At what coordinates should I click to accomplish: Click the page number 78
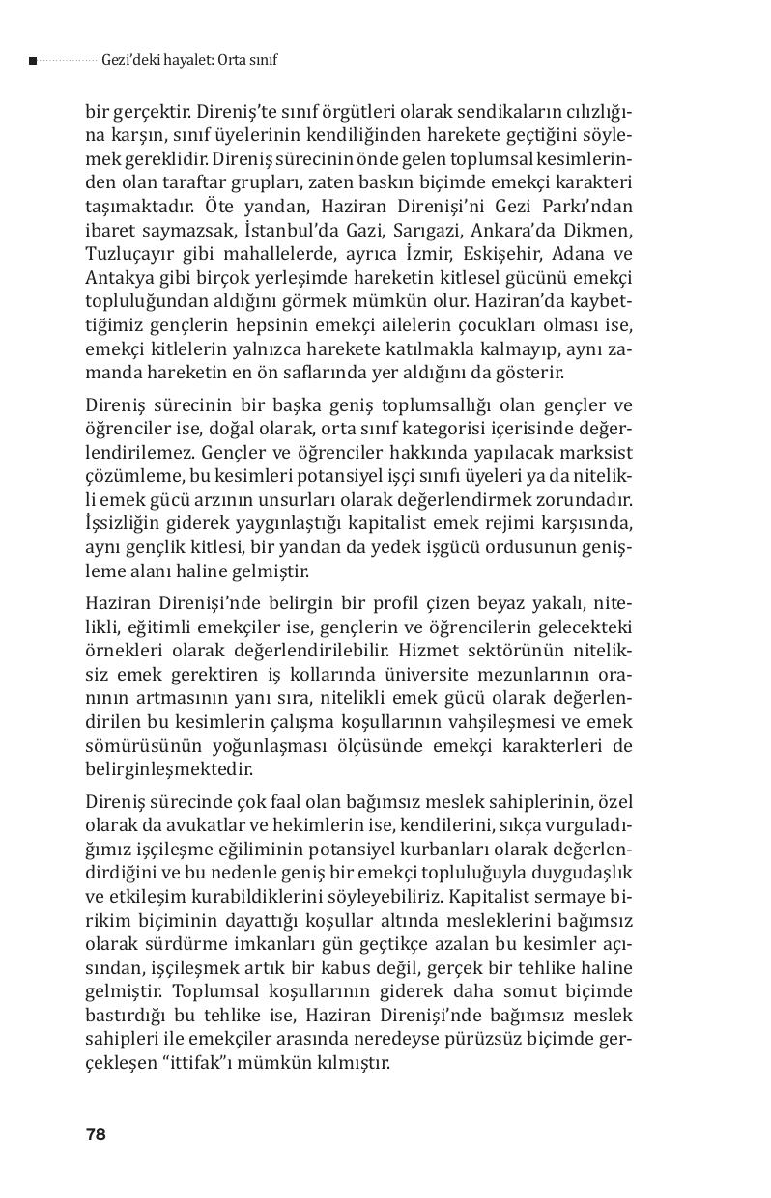coord(95,1134)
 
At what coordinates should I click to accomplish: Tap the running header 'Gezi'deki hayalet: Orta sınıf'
coord(189,60)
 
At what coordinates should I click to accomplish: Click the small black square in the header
coord(33,61)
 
